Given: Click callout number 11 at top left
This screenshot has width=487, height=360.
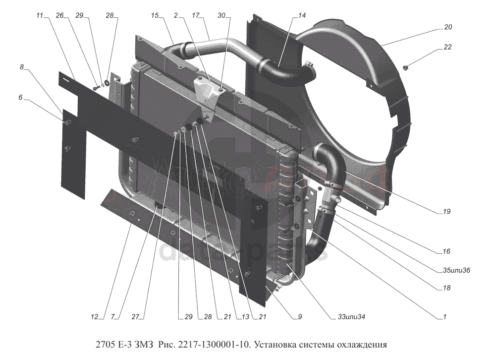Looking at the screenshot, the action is [x=40, y=16].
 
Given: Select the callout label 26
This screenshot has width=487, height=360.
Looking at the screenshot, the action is [x=60, y=16].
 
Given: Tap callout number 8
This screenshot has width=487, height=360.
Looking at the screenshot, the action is [x=22, y=66].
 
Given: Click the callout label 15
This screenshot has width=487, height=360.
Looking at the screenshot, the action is [x=155, y=16].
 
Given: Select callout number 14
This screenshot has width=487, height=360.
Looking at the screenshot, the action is [x=302, y=16].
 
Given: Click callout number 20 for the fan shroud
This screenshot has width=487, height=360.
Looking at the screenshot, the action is [x=448, y=28].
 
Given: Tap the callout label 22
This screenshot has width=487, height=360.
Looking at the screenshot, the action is [x=448, y=48].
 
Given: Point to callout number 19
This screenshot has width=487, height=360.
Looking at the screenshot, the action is [x=447, y=212].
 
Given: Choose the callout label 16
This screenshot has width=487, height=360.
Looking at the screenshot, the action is [x=447, y=251].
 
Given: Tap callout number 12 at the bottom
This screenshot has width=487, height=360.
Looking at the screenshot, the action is [x=94, y=316].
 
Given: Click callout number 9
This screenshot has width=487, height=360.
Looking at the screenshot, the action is [x=300, y=316].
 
